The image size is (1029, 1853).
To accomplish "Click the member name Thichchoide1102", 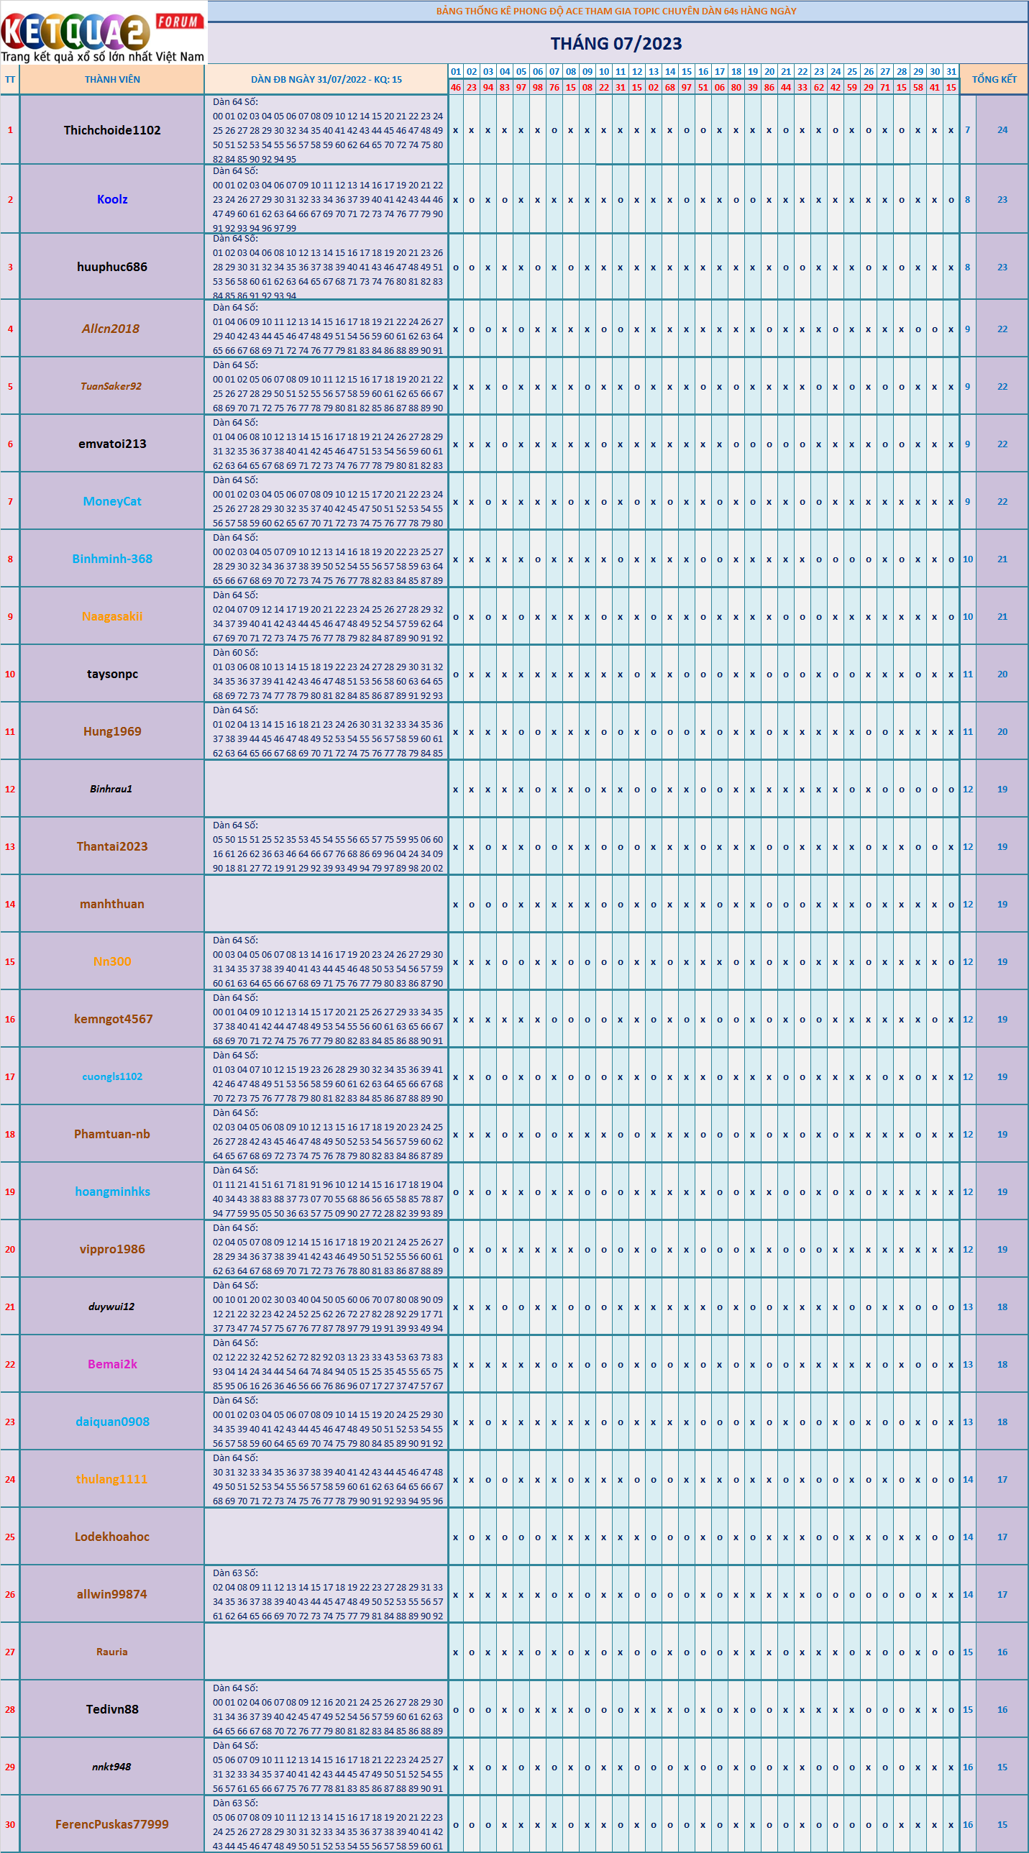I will (x=112, y=130).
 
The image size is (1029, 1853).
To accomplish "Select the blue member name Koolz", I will (x=112, y=199).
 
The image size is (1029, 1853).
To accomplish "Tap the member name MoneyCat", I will (x=112, y=501).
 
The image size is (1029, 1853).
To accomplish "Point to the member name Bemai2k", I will (x=112, y=1364).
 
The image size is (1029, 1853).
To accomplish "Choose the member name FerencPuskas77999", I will (x=112, y=1824).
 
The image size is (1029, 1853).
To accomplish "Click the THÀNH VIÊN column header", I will (x=112, y=79).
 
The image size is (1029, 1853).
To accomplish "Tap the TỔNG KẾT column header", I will (x=994, y=79).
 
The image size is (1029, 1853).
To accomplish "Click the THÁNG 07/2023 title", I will (x=616, y=43).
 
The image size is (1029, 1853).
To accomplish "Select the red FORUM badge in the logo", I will (x=178, y=22).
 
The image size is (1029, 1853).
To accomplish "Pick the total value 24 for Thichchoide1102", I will (x=1002, y=130).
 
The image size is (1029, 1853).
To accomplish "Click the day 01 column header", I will (x=455, y=71).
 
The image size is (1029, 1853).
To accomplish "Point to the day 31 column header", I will (x=951, y=71).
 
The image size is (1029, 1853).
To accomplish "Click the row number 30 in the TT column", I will (x=10, y=1824).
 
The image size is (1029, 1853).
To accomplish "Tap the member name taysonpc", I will (x=112, y=674).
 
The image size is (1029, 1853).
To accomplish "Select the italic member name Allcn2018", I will (x=111, y=329).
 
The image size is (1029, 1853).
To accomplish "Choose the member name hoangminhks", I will (x=112, y=1191).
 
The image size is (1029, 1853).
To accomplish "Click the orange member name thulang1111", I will (x=111, y=1479).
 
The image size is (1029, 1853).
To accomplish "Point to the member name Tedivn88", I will (x=112, y=1709).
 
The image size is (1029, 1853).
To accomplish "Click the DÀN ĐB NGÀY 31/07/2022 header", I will (x=326, y=79).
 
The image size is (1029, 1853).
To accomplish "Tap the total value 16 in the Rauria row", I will (x=1002, y=1652).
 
